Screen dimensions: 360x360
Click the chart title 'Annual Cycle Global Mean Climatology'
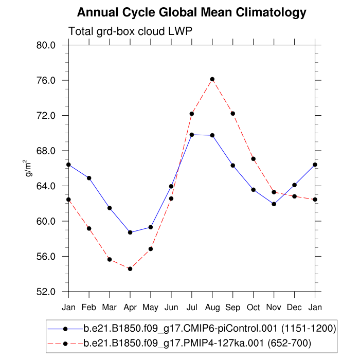pyautogui.click(x=191, y=12)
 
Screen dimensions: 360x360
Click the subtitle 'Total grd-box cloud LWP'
pyautogui.click(x=130, y=31)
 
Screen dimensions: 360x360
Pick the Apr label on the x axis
pyautogui.click(x=130, y=308)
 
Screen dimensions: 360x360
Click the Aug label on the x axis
pyautogui.click(x=212, y=308)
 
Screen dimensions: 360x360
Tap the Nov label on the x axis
pyautogui.click(x=274, y=308)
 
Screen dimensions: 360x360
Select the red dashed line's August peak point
pyautogui.click(x=212, y=79)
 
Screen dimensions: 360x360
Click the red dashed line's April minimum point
pyautogui.click(x=130, y=268)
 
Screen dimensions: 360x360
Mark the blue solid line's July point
pyautogui.click(x=192, y=135)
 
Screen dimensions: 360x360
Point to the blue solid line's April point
pyautogui.click(x=130, y=232)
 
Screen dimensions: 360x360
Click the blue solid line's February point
pyautogui.click(x=89, y=178)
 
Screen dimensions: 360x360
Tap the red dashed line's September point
pyautogui.click(x=232, y=113)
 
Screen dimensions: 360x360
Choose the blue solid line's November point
pyautogui.click(x=274, y=204)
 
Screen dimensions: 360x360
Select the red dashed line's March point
pyautogui.click(x=110, y=259)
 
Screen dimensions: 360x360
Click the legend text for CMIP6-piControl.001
pyautogui.click(x=210, y=328)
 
